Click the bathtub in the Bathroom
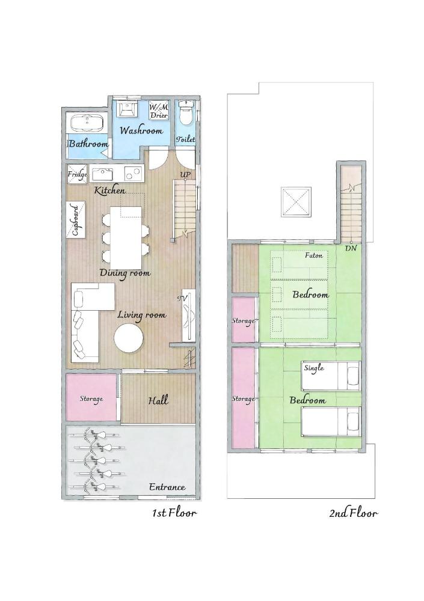(87, 123)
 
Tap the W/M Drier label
(159, 111)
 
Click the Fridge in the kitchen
(78, 174)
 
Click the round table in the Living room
(129, 338)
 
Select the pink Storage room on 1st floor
(91, 398)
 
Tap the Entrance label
(167, 487)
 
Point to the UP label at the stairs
(186, 175)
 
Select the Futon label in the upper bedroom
(313, 255)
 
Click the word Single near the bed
(314, 367)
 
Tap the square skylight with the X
(296, 203)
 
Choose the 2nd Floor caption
(353, 513)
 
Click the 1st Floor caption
(174, 513)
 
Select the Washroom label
(141, 130)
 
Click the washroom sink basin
(127, 109)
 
